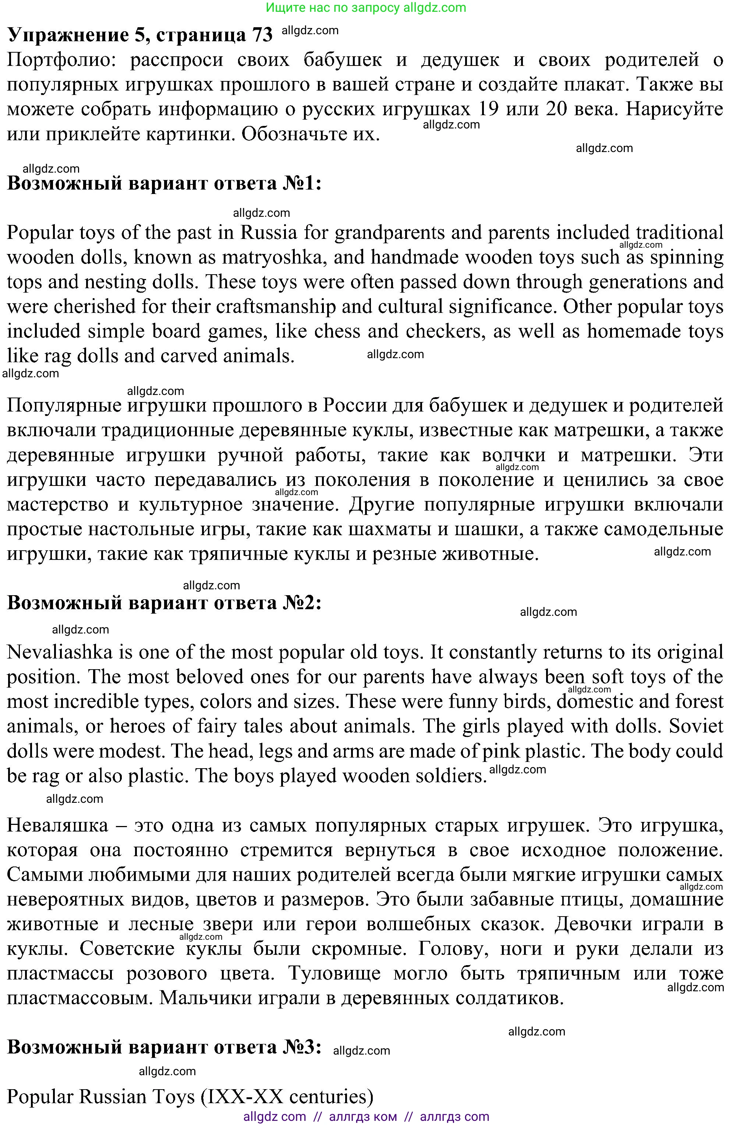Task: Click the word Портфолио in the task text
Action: click(61, 60)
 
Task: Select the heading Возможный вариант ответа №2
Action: click(164, 603)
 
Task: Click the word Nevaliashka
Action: click(60, 652)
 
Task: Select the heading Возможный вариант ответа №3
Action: click(164, 1048)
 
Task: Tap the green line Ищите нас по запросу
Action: click(366, 8)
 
